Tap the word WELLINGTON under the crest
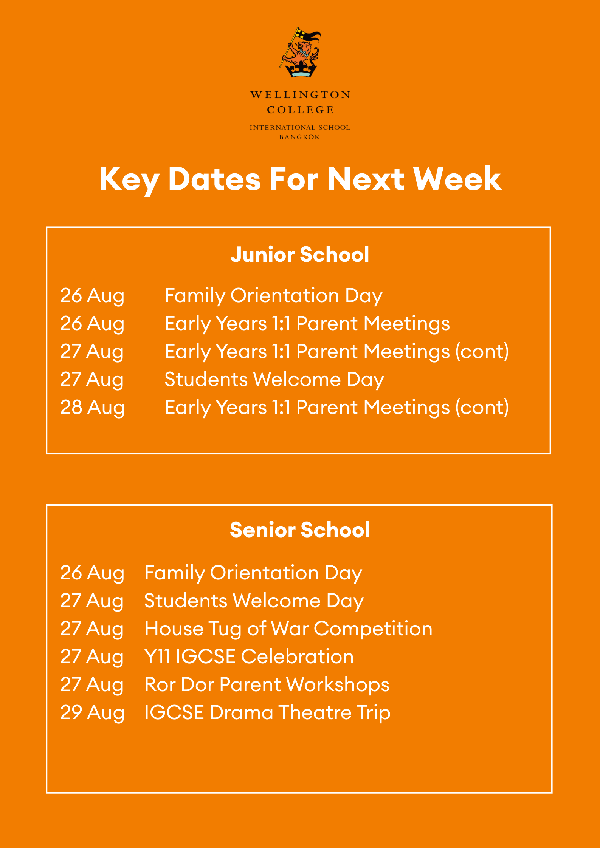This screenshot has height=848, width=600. (301, 95)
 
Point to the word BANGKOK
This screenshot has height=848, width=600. (300, 137)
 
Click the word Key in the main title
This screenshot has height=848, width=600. (130, 180)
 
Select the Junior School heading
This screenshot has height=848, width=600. (300, 254)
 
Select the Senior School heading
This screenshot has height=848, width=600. (300, 530)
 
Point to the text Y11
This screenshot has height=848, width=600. (157, 656)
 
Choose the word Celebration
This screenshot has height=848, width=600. (298, 656)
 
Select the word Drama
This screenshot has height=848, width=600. (242, 713)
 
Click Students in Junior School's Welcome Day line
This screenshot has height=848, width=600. (206, 379)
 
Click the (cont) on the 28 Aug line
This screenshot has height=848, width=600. (482, 408)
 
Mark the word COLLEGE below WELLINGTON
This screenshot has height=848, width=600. (300, 110)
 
